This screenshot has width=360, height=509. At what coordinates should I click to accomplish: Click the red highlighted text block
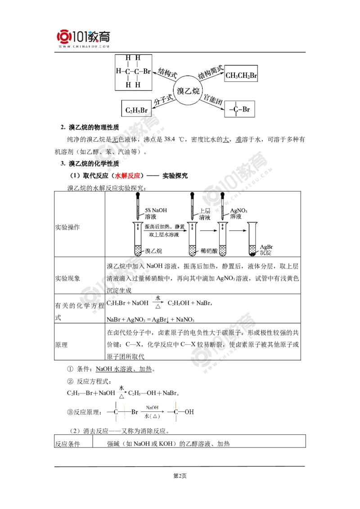pyautogui.click(x=127, y=176)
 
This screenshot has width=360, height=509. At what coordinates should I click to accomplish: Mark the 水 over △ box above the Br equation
pyautogui.click(x=158, y=304)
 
